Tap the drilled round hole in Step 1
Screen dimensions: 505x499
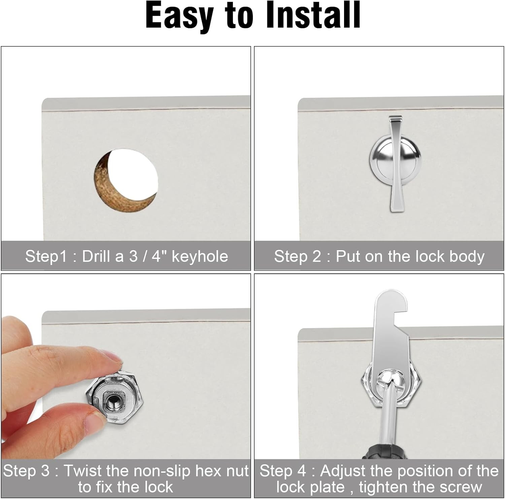tap(126, 180)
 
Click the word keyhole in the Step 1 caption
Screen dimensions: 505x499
tap(200, 256)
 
